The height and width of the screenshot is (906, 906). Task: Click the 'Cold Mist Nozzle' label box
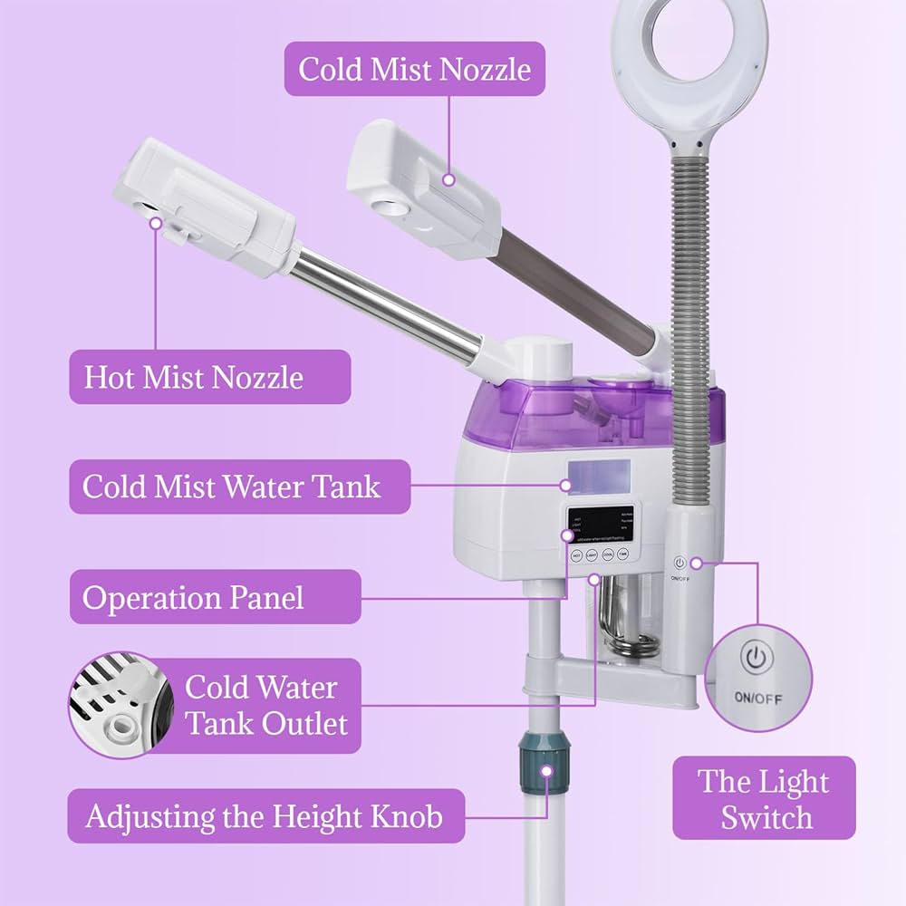pyautogui.click(x=415, y=69)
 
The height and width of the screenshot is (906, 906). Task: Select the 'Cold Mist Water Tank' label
pyautogui.click(x=232, y=487)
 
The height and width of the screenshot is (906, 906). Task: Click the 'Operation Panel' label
pyautogui.click(x=194, y=597)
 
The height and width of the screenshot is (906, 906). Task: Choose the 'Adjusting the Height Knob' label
pyautogui.click(x=265, y=816)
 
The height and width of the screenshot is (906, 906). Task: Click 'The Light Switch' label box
pyautogui.click(x=763, y=798)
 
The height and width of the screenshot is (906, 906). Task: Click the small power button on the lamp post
pyautogui.click(x=680, y=563)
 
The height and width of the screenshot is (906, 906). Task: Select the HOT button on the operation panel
pyautogui.click(x=575, y=555)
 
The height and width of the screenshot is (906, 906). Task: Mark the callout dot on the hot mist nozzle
pyautogui.click(x=156, y=222)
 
